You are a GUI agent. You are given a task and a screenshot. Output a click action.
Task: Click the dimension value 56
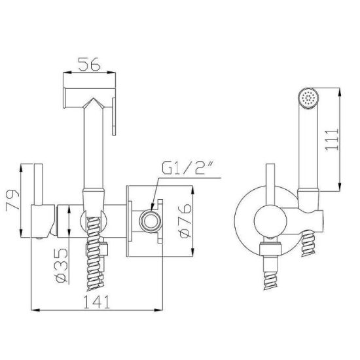[89, 64]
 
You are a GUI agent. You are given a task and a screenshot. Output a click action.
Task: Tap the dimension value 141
[97, 302]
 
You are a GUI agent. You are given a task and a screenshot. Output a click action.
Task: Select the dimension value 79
[12, 199]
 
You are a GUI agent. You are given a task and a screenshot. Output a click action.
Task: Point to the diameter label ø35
[62, 265]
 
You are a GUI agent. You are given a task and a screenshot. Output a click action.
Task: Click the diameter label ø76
[185, 221]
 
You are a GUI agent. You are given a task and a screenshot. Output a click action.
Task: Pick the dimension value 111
[332, 139]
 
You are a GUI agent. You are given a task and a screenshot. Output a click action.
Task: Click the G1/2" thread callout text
[189, 168]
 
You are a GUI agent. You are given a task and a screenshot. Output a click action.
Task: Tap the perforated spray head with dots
[308, 97]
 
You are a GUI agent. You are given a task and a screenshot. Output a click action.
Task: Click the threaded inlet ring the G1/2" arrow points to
[151, 221]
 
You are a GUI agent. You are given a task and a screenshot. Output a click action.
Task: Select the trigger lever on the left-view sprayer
[114, 117]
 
